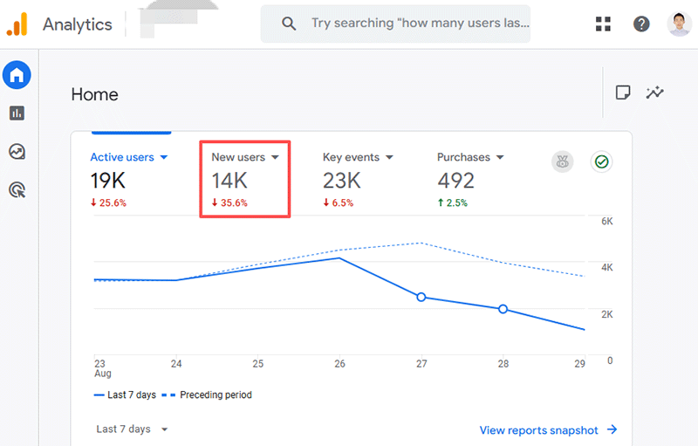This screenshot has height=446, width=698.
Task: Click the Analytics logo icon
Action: pyautogui.click(x=17, y=24)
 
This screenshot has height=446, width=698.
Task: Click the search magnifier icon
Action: pyautogui.click(x=289, y=24)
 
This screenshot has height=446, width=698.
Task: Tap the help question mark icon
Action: pyautogui.click(x=641, y=24)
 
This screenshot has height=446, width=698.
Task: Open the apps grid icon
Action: pyautogui.click(x=603, y=24)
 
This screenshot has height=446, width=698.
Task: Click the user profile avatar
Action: pyautogui.click(x=679, y=24)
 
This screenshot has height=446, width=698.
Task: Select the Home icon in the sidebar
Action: pyautogui.click(x=17, y=75)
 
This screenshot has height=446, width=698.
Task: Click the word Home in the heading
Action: pyautogui.click(x=94, y=94)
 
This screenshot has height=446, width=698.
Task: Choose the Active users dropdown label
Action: pyautogui.click(x=128, y=157)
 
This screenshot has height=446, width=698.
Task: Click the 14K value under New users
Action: pyautogui.click(x=229, y=181)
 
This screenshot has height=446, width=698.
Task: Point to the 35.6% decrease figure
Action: pyautogui.click(x=229, y=203)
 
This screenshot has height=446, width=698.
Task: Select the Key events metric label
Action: pyautogui.click(x=357, y=157)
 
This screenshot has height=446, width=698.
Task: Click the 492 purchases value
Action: pyautogui.click(x=455, y=181)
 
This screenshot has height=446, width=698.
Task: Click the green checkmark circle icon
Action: pyautogui.click(x=600, y=161)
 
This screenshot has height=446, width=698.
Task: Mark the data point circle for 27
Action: pyautogui.click(x=421, y=298)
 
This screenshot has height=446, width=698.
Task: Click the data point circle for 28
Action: pyautogui.click(x=503, y=309)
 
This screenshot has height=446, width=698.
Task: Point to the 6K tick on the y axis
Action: pyautogui.click(x=606, y=222)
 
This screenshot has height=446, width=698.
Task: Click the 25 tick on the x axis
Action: pyautogui.click(x=257, y=364)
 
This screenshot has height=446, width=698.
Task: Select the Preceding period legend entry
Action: pyautogui.click(x=215, y=395)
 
